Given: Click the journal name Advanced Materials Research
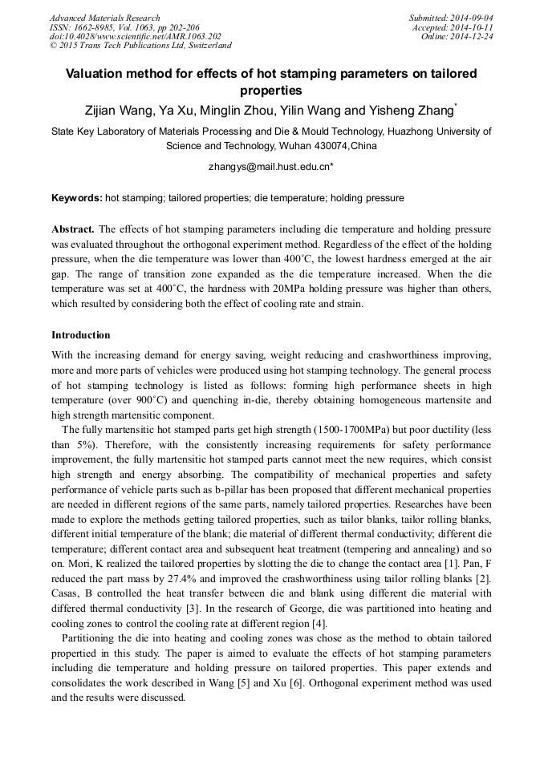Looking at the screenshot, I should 104,18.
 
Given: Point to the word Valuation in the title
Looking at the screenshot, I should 101,74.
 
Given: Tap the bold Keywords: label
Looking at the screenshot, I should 77,197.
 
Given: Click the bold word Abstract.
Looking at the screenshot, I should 73,229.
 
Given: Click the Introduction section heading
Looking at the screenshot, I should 81,334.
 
